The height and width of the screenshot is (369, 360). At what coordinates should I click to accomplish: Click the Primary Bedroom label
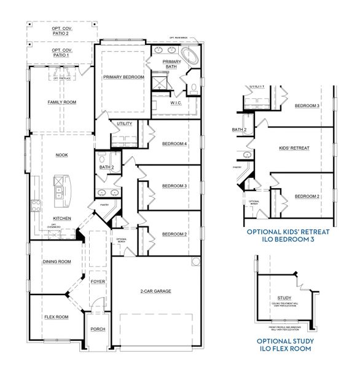(x=123, y=77)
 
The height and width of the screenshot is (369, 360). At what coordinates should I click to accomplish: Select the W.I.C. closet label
(x=175, y=103)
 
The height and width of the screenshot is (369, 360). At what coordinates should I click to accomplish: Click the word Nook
(x=61, y=155)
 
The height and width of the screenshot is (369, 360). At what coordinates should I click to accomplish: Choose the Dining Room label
(x=57, y=261)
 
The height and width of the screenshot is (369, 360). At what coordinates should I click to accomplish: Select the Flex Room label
(x=55, y=317)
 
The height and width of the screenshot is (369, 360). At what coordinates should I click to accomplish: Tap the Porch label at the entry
(x=98, y=329)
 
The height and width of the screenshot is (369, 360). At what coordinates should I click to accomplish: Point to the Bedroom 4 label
(x=174, y=144)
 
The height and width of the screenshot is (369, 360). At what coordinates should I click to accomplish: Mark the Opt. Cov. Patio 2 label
(x=60, y=31)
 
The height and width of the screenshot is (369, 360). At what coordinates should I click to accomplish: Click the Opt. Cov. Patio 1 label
(x=60, y=52)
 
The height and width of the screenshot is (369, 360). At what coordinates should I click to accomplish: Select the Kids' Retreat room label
(x=293, y=148)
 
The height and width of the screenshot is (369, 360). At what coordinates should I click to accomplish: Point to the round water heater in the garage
(x=195, y=263)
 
